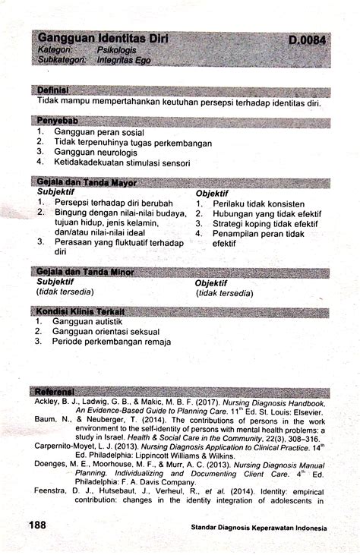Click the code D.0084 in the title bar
[308, 38]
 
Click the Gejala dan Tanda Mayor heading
[87, 182]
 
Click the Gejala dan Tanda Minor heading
[85, 272]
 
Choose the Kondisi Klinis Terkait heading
[81, 311]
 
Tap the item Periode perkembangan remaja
[112, 342]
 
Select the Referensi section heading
[58, 391]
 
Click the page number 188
[39, 525]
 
